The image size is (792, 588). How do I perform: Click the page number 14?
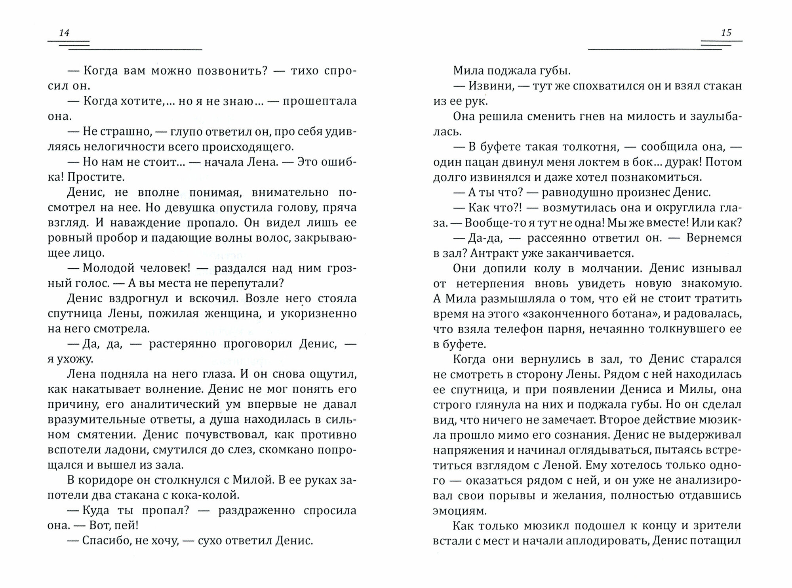pyautogui.click(x=64, y=33)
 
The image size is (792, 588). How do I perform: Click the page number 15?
pyautogui.click(x=726, y=33)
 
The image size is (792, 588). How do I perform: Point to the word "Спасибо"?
pyautogui.click(x=105, y=541)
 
